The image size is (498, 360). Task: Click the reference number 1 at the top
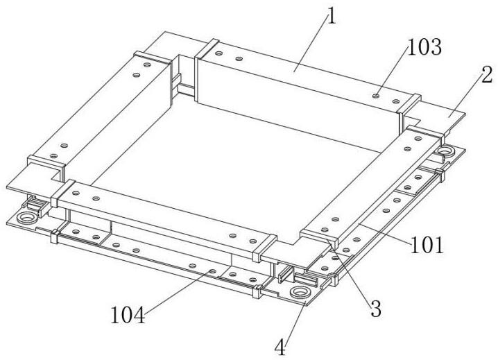332,15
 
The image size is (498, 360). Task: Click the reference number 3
375,308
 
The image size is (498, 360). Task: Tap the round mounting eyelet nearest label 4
300,292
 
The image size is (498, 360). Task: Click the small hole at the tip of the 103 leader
375,95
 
